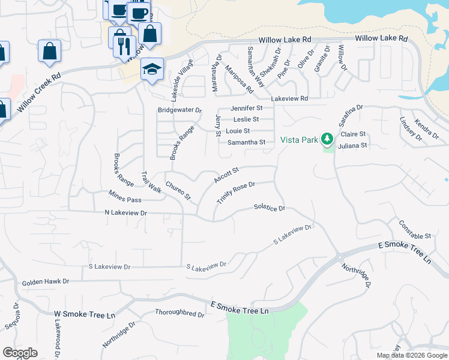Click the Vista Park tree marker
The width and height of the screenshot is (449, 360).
click(327, 139)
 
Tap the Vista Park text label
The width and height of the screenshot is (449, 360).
click(298, 140)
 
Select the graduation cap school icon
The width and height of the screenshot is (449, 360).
click(152, 68)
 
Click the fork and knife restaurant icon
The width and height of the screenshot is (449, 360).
click(124, 46)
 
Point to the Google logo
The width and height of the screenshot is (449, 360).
click(20, 353)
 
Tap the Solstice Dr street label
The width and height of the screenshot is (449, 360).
click(269, 208)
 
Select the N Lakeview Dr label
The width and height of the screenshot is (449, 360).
click(125, 213)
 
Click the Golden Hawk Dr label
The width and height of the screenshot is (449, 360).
click(46, 281)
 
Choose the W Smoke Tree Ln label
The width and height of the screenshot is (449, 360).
click(85, 314)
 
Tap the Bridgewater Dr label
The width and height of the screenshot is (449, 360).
click(179, 110)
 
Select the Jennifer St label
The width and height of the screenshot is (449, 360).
click(247, 108)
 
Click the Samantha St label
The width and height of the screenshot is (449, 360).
click(246, 142)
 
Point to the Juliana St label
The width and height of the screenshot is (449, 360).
click(352, 145)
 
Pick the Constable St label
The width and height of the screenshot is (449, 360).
click(415, 230)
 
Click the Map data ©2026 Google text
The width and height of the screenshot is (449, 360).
click(411, 355)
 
